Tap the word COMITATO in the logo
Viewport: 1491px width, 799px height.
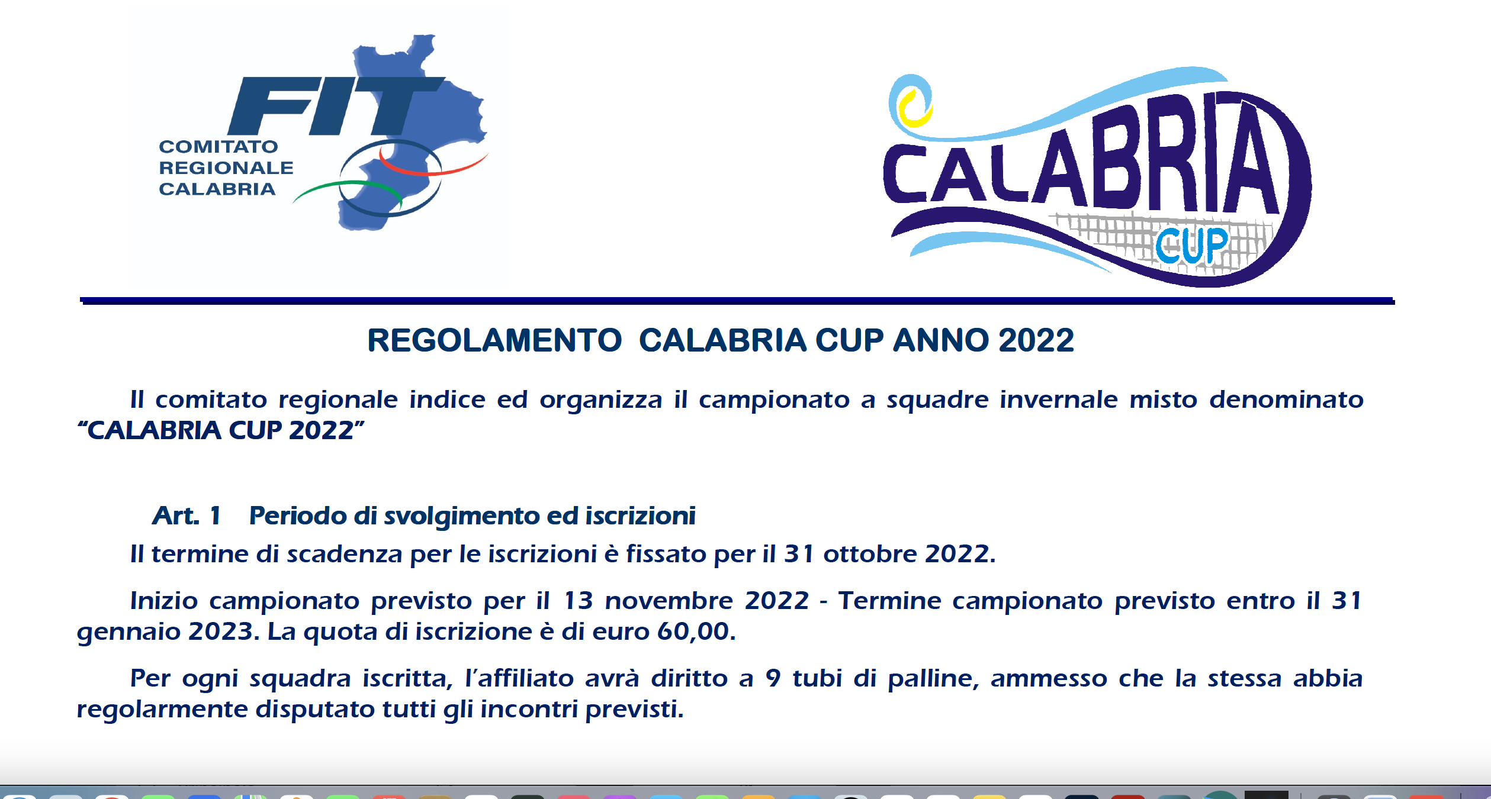click(218, 147)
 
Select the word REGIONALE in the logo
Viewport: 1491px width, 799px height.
click(226, 168)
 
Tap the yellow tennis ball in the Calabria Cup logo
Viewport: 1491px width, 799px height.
click(915, 108)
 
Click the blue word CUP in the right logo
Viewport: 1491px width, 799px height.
click(1192, 245)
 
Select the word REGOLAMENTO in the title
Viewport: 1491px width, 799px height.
click(494, 340)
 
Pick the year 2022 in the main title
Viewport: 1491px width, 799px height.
click(1036, 340)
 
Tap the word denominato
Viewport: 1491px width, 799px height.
click(1286, 399)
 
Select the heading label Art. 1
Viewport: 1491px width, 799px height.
click(187, 516)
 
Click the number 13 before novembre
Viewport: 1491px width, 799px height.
click(578, 601)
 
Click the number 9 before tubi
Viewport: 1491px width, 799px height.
click(773, 678)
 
